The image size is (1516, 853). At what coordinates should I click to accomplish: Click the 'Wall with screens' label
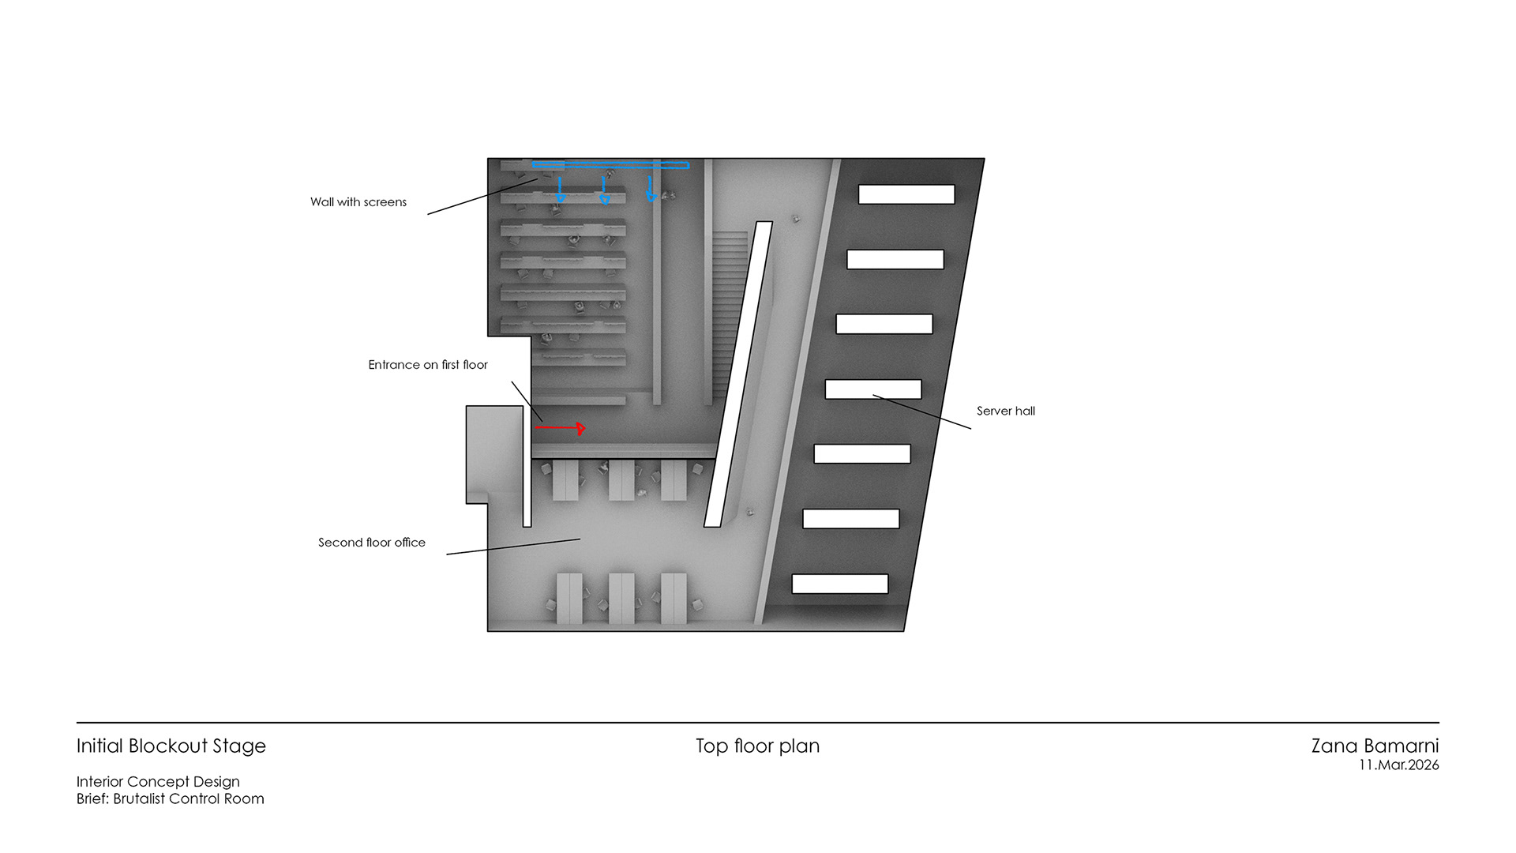[x=358, y=202]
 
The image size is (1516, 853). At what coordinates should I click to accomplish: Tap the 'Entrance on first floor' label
[x=428, y=365]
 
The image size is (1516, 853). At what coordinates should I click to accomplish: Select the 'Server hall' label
[x=1005, y=411]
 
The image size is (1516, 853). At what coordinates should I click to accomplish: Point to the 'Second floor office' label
[x=372, y=543]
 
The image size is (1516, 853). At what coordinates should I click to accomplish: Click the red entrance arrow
[x=560, y=428]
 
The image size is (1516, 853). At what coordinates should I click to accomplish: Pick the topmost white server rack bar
[x=906, y=194]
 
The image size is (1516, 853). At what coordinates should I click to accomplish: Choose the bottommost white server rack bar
[x=840, y=584]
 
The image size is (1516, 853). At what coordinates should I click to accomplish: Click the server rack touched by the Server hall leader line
[x=873, y=389]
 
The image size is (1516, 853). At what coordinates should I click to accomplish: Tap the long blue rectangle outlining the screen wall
[x=610, y=165]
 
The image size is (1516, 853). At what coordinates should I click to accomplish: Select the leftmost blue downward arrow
[x=561, y=190]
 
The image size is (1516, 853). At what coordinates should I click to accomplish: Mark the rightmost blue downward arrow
[x=651, y=190]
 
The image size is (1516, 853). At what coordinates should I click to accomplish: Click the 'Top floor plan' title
[x=757, y=746]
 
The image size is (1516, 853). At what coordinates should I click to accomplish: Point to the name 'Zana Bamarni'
[x=1375, y=746]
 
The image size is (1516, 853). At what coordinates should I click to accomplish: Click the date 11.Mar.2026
[x=1398, y=765]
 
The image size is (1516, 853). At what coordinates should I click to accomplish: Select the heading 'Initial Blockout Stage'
[x=171, y=746]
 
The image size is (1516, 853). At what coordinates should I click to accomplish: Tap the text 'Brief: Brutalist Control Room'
[x=171, y=799]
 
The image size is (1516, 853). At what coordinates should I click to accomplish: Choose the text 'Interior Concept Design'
[x=158, y=782]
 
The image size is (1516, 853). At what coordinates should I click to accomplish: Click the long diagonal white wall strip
[x=737, y=374]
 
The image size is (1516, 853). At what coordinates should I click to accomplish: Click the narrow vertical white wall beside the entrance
[x=527, y=466]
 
